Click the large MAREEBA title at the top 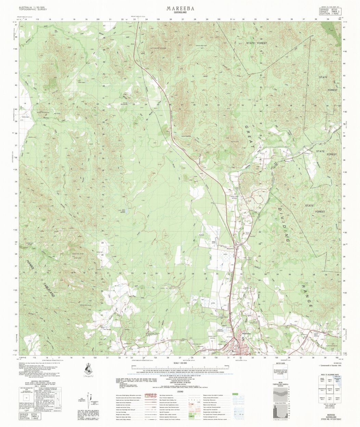click(x=180, y=8)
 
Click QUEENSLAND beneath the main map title click(x=180, y=13)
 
